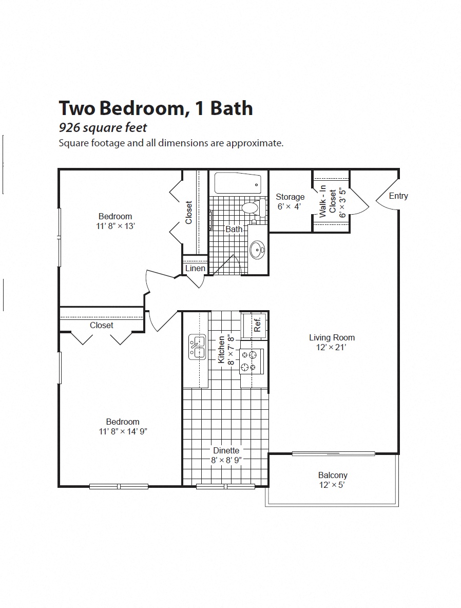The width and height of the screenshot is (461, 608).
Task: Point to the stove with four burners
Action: coord(252,360)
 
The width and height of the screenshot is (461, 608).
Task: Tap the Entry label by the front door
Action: coord(398,196)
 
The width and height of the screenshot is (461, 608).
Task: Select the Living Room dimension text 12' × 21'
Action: coord(332,348)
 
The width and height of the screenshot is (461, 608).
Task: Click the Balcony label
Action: coord(333,475)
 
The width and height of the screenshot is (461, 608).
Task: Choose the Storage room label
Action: coord(290,197)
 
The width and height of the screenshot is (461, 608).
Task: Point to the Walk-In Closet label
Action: coord(328,202)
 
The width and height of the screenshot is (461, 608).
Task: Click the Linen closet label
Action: coord(195,268)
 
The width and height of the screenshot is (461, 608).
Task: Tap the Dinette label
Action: coord(226,450)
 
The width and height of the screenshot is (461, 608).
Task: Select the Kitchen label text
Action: coord(222,350)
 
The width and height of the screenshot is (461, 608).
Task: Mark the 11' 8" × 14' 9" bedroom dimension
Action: coord(123,432)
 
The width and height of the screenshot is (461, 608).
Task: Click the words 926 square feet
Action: coord(103,127)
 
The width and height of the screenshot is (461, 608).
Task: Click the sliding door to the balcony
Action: coord(334,453)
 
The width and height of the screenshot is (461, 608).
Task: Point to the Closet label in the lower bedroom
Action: coord(102,325)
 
